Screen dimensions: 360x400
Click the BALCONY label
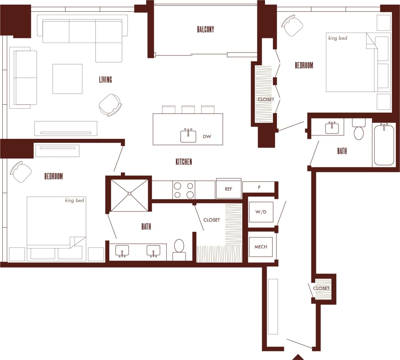point(205,29)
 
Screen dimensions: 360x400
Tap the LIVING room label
point(105,79)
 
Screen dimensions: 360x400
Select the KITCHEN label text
point(183,162)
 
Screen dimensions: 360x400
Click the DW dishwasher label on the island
point(207,136)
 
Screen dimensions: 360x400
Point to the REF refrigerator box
point(228,189)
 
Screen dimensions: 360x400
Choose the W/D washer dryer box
point(261,212)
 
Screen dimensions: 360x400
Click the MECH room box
point(261,247)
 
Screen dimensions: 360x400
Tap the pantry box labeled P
point(259,187)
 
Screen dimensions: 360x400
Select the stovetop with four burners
point(184,190)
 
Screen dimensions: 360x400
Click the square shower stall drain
point(129,194)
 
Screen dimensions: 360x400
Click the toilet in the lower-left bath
point(179,249)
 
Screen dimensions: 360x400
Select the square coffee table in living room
point(67,79)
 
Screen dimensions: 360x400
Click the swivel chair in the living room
point(110,104)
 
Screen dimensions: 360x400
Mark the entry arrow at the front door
point(298,357)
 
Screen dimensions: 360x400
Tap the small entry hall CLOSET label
point(321,288)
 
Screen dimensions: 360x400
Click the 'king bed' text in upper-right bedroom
point(337,38)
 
